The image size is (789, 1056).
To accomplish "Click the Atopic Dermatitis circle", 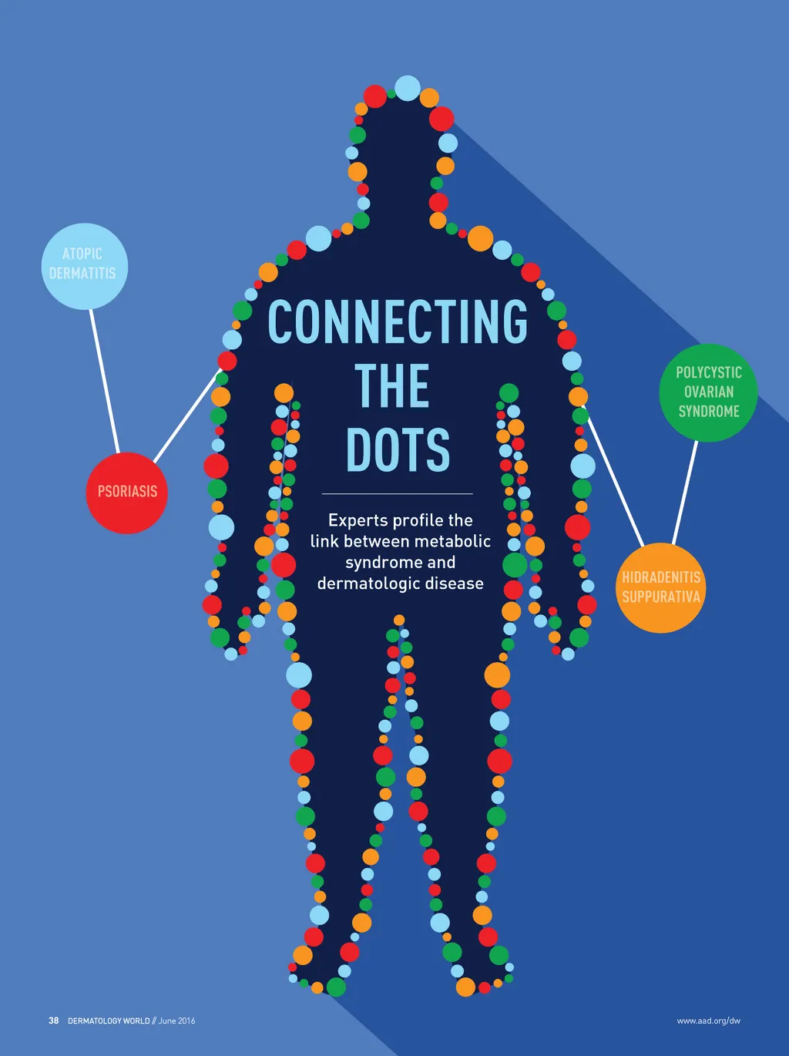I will click(x=83, y=266).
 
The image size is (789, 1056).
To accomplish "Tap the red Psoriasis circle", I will click(x=126, y=493).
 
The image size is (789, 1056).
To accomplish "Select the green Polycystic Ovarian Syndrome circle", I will click(x=708, y=392).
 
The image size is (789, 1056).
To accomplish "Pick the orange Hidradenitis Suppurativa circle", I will click(x=660, y=587).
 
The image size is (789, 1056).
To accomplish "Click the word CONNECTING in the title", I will click(x=398, y=321).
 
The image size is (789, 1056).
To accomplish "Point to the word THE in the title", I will click(x=391, y=386).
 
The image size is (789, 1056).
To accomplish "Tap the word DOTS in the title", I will click(x=398, y=450).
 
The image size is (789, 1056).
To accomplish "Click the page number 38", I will click(x=53, y=1021).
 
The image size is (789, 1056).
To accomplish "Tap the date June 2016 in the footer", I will click(x=177, y=1021).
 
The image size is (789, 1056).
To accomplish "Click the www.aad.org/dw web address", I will click(x=708, y=1021).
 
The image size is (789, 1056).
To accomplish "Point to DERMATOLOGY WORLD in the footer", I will click(x=109, y=1021).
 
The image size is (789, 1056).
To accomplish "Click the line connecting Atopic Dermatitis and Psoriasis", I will click(x=104, y=381).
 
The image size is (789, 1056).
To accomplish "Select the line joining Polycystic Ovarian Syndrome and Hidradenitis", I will click(x=685, y=492).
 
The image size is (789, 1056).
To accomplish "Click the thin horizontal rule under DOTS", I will click(x=397, y=493).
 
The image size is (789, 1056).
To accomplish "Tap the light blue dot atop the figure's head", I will click(x=408, y=88).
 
